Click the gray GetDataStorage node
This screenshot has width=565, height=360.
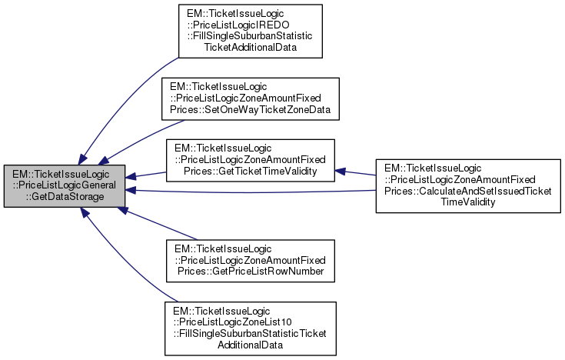click(65, 185)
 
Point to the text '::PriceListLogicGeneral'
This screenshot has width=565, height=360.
click(65, 185)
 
